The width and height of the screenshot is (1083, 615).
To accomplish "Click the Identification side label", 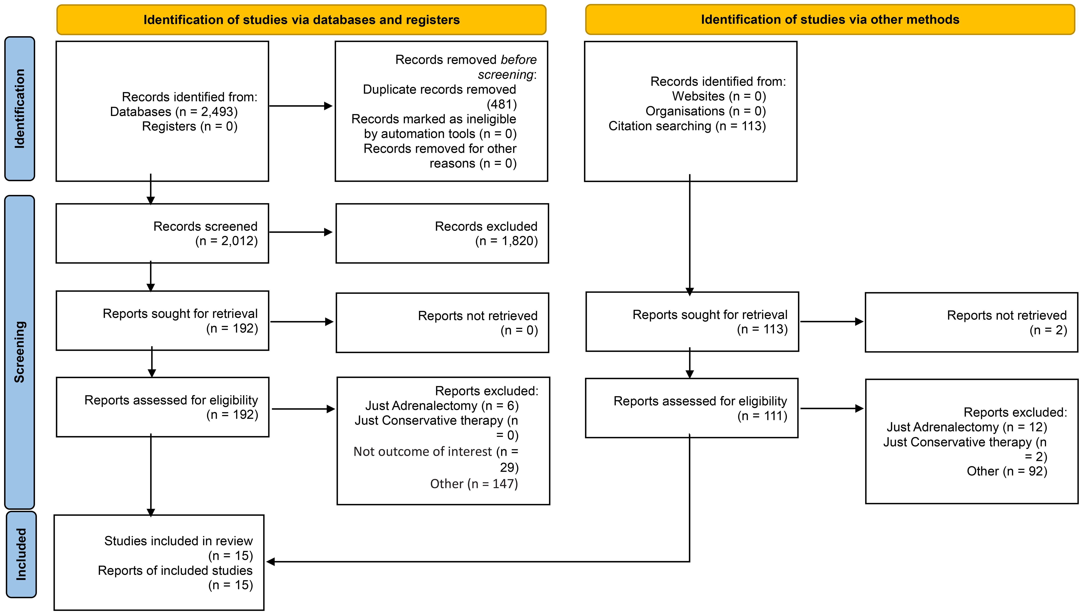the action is [19, 109].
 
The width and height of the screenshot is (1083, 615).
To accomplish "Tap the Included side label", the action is [21, 554].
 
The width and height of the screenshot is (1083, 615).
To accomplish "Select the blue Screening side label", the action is [19, 352].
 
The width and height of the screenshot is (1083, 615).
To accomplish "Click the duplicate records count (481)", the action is [502, 104].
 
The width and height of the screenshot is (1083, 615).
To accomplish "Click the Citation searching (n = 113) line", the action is [687, 126].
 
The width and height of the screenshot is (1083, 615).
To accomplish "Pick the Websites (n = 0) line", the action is [719, 96].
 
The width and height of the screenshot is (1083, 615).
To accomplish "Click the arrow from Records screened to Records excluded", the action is [301, 232].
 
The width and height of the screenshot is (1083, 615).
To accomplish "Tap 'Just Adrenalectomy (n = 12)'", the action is [967, 427].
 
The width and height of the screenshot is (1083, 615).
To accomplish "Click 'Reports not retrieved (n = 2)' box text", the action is [1007, 323].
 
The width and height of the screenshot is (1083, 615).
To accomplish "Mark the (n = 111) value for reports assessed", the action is [762, 416].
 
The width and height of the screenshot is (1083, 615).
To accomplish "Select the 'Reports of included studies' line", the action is [175, 571].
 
